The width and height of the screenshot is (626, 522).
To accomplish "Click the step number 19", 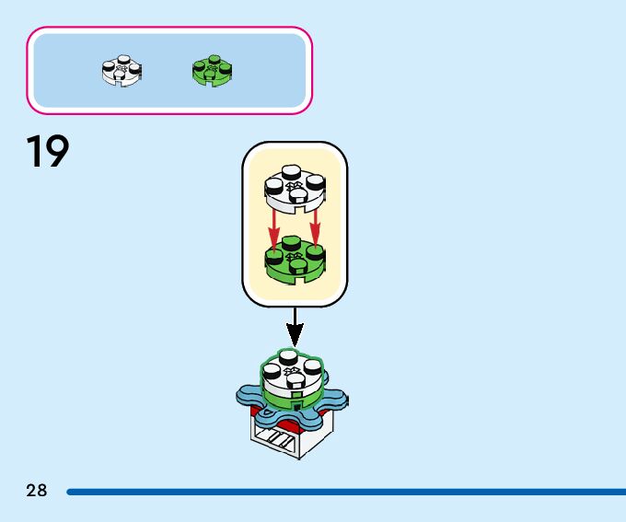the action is pos(48,152).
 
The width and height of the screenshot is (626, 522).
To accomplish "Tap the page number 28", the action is pos(37,491).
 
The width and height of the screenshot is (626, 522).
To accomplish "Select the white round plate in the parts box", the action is pos(122,70).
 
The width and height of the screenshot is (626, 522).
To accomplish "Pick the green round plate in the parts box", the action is pos(212,70).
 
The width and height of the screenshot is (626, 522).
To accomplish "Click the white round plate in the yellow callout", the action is pos(295,188).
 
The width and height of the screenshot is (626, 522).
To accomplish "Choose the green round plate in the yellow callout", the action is pos(295,259).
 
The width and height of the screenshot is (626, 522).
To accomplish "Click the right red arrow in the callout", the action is pos(316,227).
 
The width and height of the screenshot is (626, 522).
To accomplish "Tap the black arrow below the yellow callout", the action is pos(295,327).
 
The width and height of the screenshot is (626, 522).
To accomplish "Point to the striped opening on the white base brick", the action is pos(276,439).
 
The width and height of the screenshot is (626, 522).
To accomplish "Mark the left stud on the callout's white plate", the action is pos(274,185).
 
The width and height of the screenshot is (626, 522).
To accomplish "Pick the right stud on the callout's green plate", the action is pos(316,250).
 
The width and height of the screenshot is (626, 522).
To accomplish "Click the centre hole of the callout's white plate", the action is pos(295,185).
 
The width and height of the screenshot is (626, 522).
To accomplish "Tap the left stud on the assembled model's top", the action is pos(272,372).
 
